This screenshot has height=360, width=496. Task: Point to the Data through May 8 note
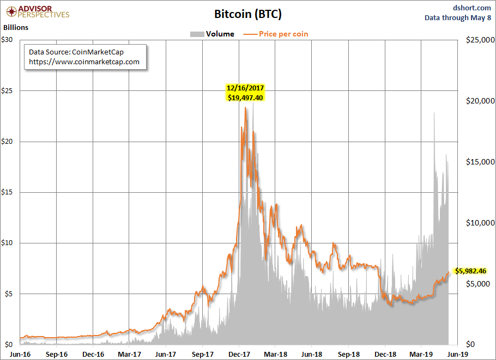pos(459,17)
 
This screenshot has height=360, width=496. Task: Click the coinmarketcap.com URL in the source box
pos(84,62)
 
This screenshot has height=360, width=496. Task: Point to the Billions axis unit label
pos(16,27)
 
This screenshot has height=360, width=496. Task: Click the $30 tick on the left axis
pos(8,40)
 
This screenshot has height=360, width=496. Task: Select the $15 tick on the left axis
pos(8,192)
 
